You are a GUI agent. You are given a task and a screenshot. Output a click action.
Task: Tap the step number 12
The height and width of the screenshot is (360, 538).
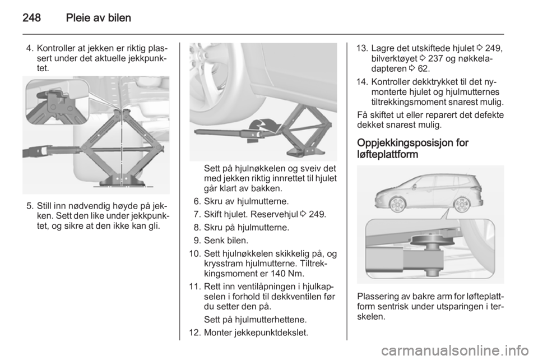tap(192, 332)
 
